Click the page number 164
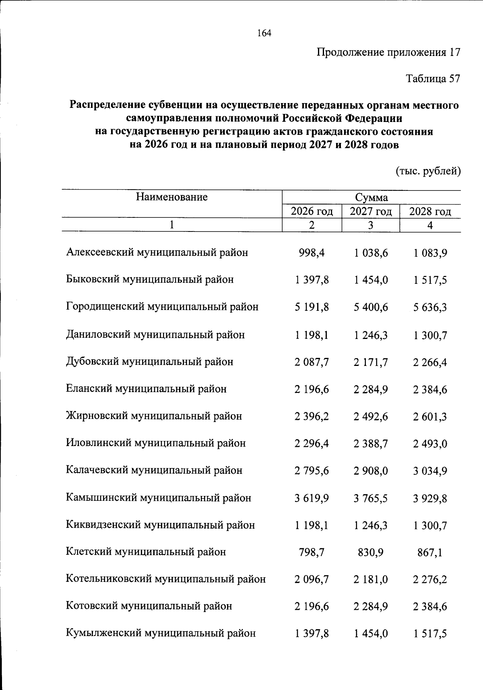pos(264,33)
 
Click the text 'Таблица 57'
pos(433,79)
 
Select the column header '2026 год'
pos(312,211)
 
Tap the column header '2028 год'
pos(430,211)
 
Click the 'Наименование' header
pos(172,197)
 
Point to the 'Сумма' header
pos(371,198)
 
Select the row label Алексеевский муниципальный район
pos(157,252)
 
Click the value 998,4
pos(312,253)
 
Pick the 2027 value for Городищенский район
pos(371,308)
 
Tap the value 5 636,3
pos(430,308)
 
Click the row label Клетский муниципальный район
pos(146,552)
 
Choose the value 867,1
pos(430,553)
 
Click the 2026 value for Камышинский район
pos(312,498)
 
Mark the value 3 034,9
pos(430,471)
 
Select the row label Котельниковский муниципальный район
pos(166,579)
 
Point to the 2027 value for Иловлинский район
pos(371,444)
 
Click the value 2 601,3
pos(430,417)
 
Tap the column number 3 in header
pos(371,225)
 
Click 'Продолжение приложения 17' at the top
pos(388,52)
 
